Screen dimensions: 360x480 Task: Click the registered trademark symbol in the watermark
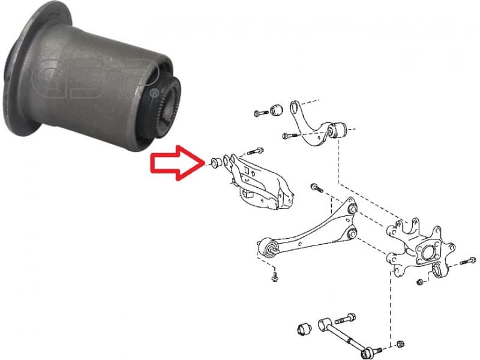[155, 94]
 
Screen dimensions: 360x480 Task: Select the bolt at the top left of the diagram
[259, 112]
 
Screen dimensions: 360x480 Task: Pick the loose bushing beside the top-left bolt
[277, 110]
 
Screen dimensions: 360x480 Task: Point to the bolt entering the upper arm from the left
[289, 136]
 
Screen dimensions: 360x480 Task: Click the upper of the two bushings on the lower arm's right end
[353, 209]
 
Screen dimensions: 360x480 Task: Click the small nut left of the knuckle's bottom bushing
[421, 281]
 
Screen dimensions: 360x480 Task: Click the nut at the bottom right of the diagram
[401, 344]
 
